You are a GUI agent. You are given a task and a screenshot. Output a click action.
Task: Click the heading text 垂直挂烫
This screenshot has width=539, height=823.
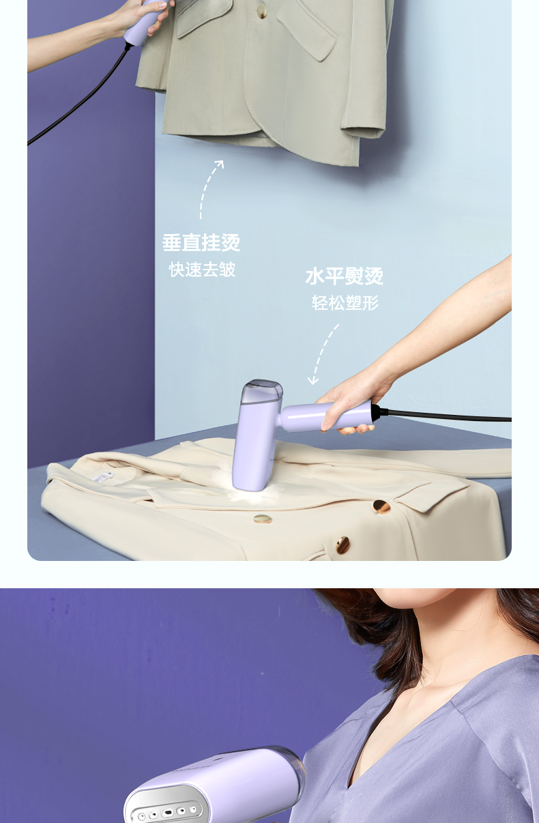[x=201, y=243]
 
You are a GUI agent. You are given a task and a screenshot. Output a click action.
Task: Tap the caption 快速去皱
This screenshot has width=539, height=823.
[x=202, y=270]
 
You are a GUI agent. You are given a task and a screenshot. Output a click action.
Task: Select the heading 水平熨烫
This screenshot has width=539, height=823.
[x=344, y=276]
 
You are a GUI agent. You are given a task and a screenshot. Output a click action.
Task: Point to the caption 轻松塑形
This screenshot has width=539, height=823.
[x=345, y=303]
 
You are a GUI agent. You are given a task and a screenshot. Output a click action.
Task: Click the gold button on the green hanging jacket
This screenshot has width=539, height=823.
[x=261, y=12]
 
